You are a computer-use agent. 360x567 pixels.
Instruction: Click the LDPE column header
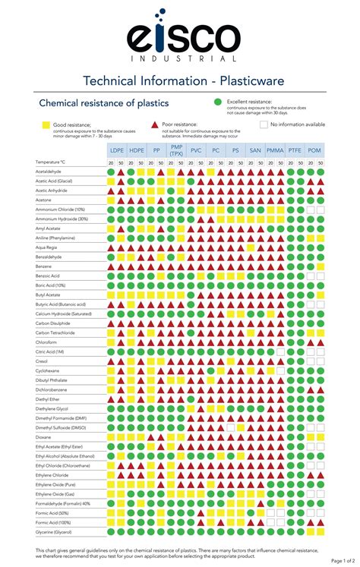click(117, 150)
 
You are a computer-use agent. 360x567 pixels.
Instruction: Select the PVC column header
click(196, 150)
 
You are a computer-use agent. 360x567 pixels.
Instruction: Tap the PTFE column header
click(295, 150)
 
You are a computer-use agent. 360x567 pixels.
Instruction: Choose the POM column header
click(314, 150)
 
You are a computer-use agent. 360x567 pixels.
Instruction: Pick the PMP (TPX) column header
click(176, 150)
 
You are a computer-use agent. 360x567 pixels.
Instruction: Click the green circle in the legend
click(217, 102)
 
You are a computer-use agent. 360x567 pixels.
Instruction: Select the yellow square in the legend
click(46, 124)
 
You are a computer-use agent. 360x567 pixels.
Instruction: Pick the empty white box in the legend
click(264, 124)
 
